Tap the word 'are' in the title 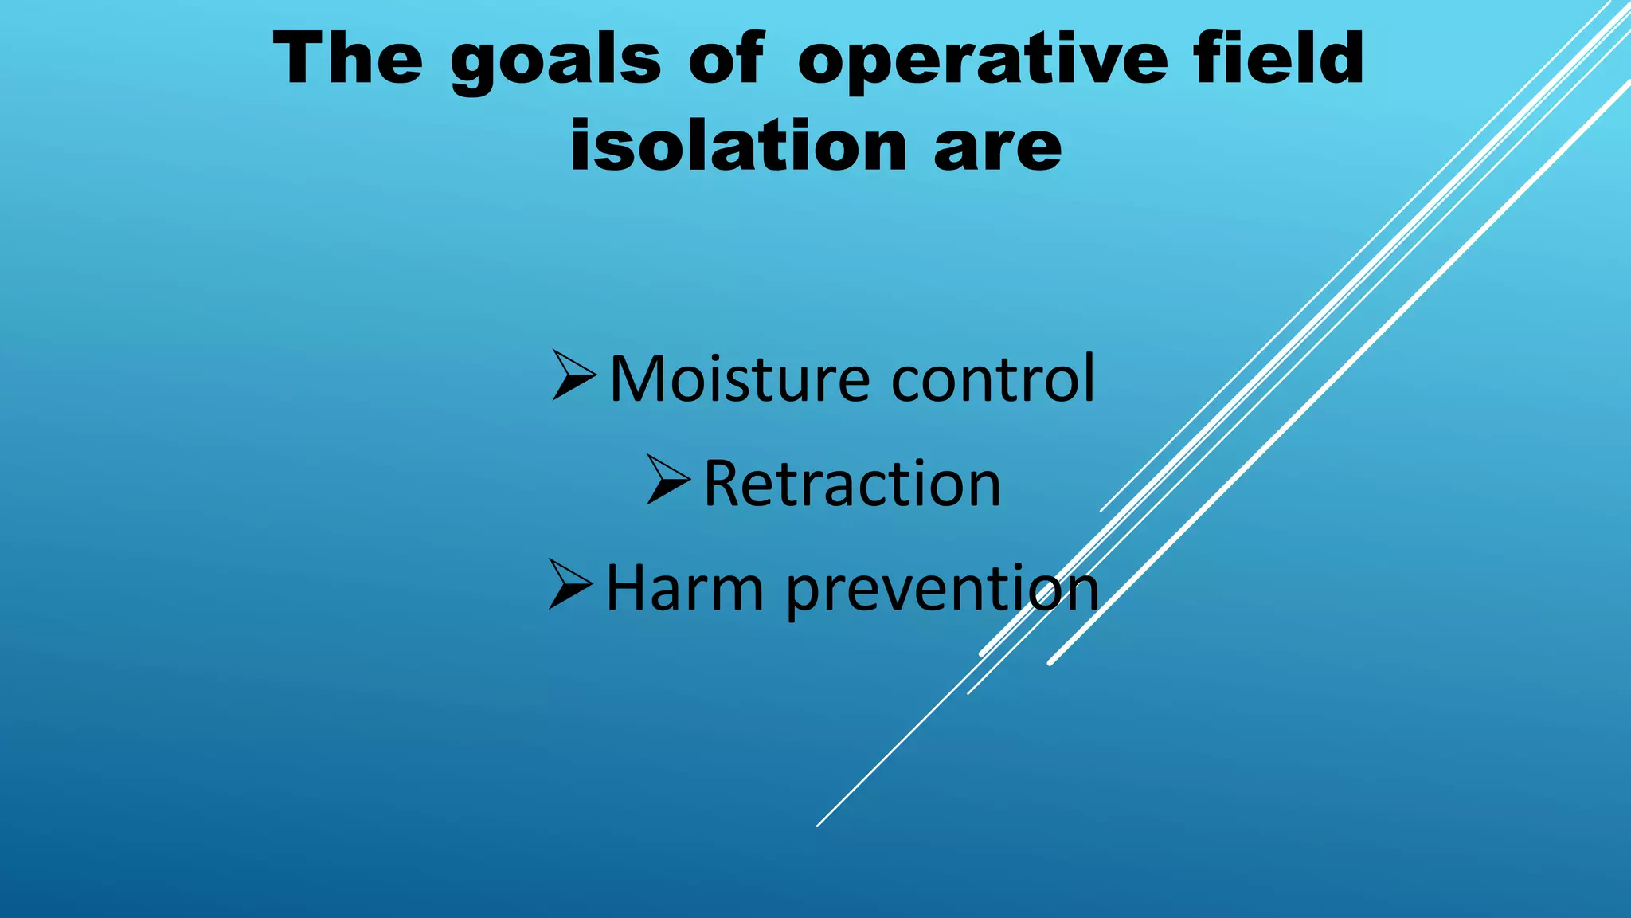click(x=998, y=150)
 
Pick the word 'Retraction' click(x=851, y=484)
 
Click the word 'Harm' click(x=684, y=588)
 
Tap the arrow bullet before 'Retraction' click(x=667, y=480)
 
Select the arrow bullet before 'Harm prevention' click(x=570, y=584)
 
